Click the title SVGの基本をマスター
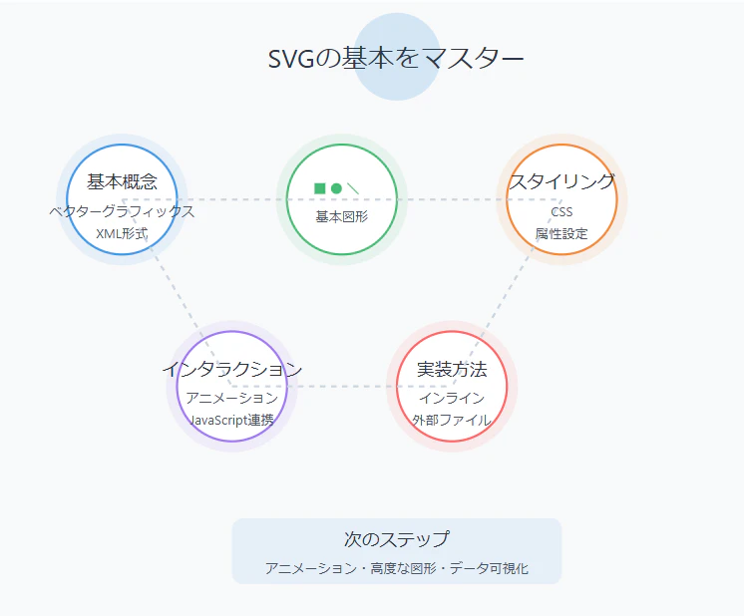pyautogui.click(x=396, y=59)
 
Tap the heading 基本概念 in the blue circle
pyautogui.click(x=122, y=181)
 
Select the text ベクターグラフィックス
pyautogui.click(x=122, y=211)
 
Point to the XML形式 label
pyautogui.click(x=122, y=234)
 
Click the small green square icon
pyautogui.click(x=320, y=188)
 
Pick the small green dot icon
pyautogui.click(x=336, y=188)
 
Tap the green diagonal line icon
pyautogui.click(x=353, y=188)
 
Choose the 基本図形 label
pyautogui.click(x=342, y=216)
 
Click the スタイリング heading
pyautogui.click(x=561, y=181)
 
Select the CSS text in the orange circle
pyautogui.click(x=561, y=211)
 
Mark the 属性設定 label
pyautogui.click(x=561, y=234)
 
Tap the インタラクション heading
pyautogui.click(x=232, y=369)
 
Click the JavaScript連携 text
pyautogui.click(x=232, y=421)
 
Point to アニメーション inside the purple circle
pyautogui.click(x=232, y=398)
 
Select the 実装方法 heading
pyautogui.click(x=452, y=369)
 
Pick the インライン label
pyautogui.click(x=452, y=398)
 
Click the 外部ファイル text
pyautogui.click(x=452, y=421)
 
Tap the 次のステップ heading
pyautogui.click(x=397, y=539)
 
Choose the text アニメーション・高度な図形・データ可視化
pyautogui.click(x=397, y=568)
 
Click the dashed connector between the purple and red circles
pyautogui.click(x=342, y=387)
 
